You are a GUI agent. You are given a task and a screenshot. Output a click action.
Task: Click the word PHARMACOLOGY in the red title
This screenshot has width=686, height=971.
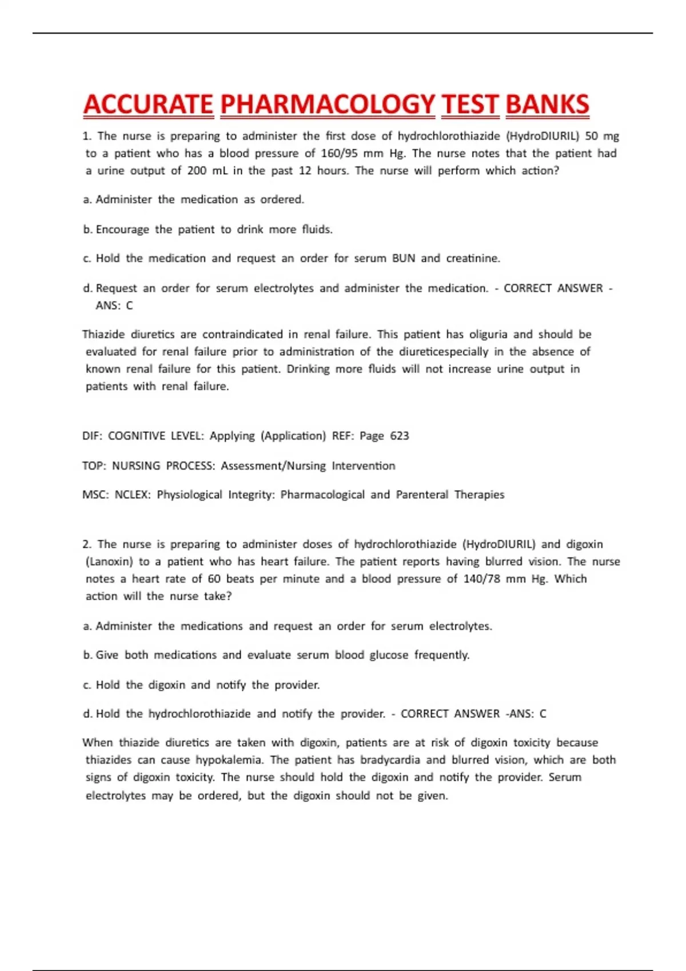point(328,105)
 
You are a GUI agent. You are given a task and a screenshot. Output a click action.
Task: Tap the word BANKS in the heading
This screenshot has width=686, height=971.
point(547,105)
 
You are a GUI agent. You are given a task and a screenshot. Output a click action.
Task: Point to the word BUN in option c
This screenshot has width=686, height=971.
point(404,258)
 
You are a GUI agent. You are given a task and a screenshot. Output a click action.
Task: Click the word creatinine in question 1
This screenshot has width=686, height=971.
point(473,258)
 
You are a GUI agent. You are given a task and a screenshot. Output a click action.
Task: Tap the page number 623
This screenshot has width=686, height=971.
point(400,436)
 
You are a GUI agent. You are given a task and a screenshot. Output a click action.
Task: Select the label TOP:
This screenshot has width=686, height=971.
point(94,466)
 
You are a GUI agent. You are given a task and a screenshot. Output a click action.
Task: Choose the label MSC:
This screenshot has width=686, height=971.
point(95,495)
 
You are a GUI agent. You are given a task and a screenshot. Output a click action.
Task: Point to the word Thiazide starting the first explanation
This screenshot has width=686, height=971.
point(103,334)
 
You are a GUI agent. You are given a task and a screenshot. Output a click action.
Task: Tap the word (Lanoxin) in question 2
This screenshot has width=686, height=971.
point(109,561)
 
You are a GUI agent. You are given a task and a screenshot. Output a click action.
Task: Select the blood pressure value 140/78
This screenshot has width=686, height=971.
point(482,579)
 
